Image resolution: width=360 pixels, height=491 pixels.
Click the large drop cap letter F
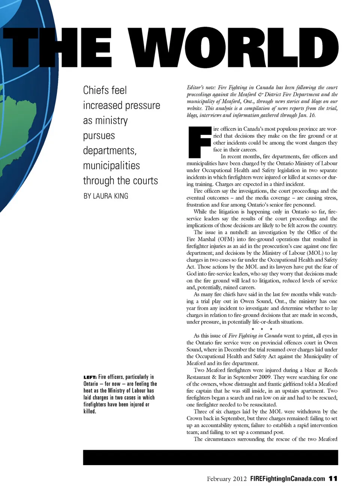click(199, 142)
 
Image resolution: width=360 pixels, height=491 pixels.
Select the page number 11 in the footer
click(333, 479)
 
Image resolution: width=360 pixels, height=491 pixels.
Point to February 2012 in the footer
click(226, 479)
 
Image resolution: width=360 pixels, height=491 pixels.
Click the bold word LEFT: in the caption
click(90, 377)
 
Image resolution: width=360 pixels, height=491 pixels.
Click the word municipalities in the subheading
click(111, 165)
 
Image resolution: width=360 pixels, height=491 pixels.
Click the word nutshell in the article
click(237, 232)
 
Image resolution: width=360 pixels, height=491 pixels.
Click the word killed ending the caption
click(90, 412)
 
